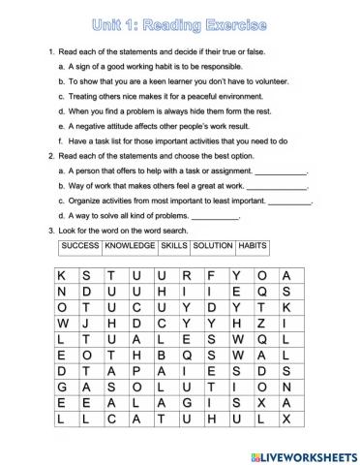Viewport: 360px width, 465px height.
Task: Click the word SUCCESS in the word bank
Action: tap(80, 247)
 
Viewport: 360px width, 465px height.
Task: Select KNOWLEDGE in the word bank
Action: tap(130, 247)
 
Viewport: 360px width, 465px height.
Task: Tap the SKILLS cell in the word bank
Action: tap(174, 247)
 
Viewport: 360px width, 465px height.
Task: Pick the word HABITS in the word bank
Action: tap(253, 247)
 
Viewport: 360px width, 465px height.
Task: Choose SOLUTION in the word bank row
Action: tap(213, 247)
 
